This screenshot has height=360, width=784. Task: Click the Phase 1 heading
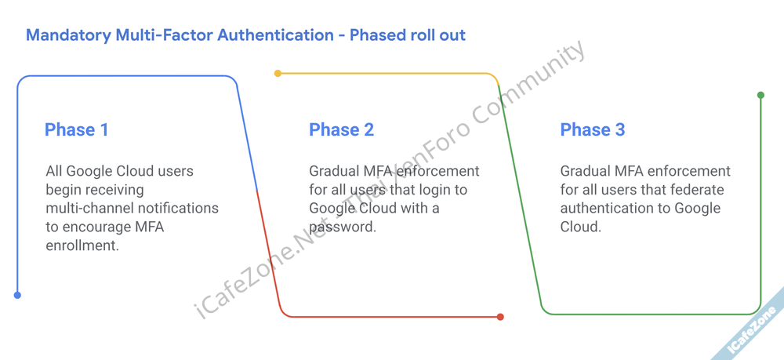click(x=76, y=129)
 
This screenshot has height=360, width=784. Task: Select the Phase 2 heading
click(x=341, y=129)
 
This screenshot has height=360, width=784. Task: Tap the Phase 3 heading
click(x=592, y=129)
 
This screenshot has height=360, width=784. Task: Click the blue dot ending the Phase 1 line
click(x=17, y=296)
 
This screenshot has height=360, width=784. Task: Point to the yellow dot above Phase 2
click(x=278, y=74)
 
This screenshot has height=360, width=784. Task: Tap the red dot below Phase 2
click(x=500, y=317)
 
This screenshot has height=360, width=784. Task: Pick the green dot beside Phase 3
click(x=760, y=96)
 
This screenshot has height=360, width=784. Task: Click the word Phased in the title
click(x=377, y=35)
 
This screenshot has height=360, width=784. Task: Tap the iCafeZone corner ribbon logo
click(x=753, y=329)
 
